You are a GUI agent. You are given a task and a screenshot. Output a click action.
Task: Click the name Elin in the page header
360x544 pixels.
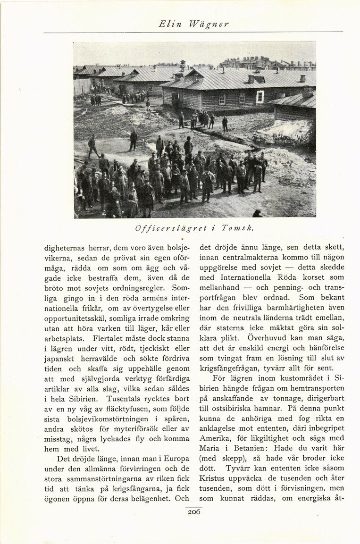pyautogui.click(x=168, y=24)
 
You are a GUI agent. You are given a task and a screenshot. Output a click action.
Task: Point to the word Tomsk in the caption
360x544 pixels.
pyautogui.click(x=237, y=228)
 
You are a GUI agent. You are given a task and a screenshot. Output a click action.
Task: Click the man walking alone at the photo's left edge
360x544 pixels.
pyautogui.click(x=92, y=146)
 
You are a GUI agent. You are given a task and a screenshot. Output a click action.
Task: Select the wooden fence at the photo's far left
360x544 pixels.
pyautogui.click(x=82, y=87)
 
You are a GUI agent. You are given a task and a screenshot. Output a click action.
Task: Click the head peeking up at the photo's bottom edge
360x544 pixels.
pyautogui.click(x=257, y=214)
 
